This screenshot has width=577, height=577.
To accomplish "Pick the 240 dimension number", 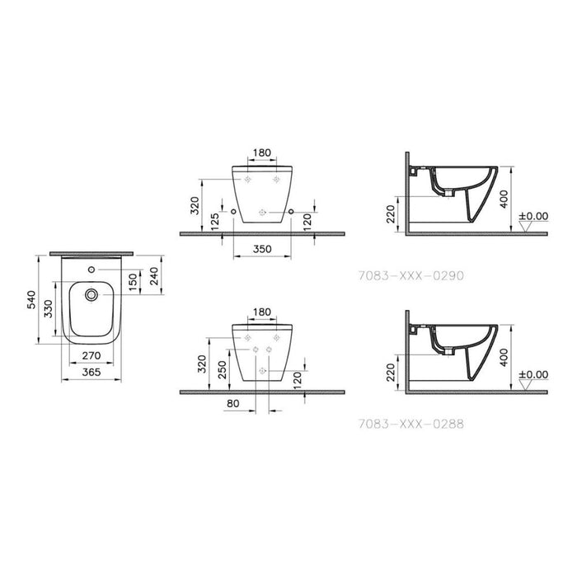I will [154, 275].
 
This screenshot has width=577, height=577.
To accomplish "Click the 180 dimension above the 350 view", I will [263, 153].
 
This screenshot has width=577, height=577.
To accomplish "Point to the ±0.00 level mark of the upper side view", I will [532, 217].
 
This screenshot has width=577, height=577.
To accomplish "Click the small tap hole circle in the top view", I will [91, 270].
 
